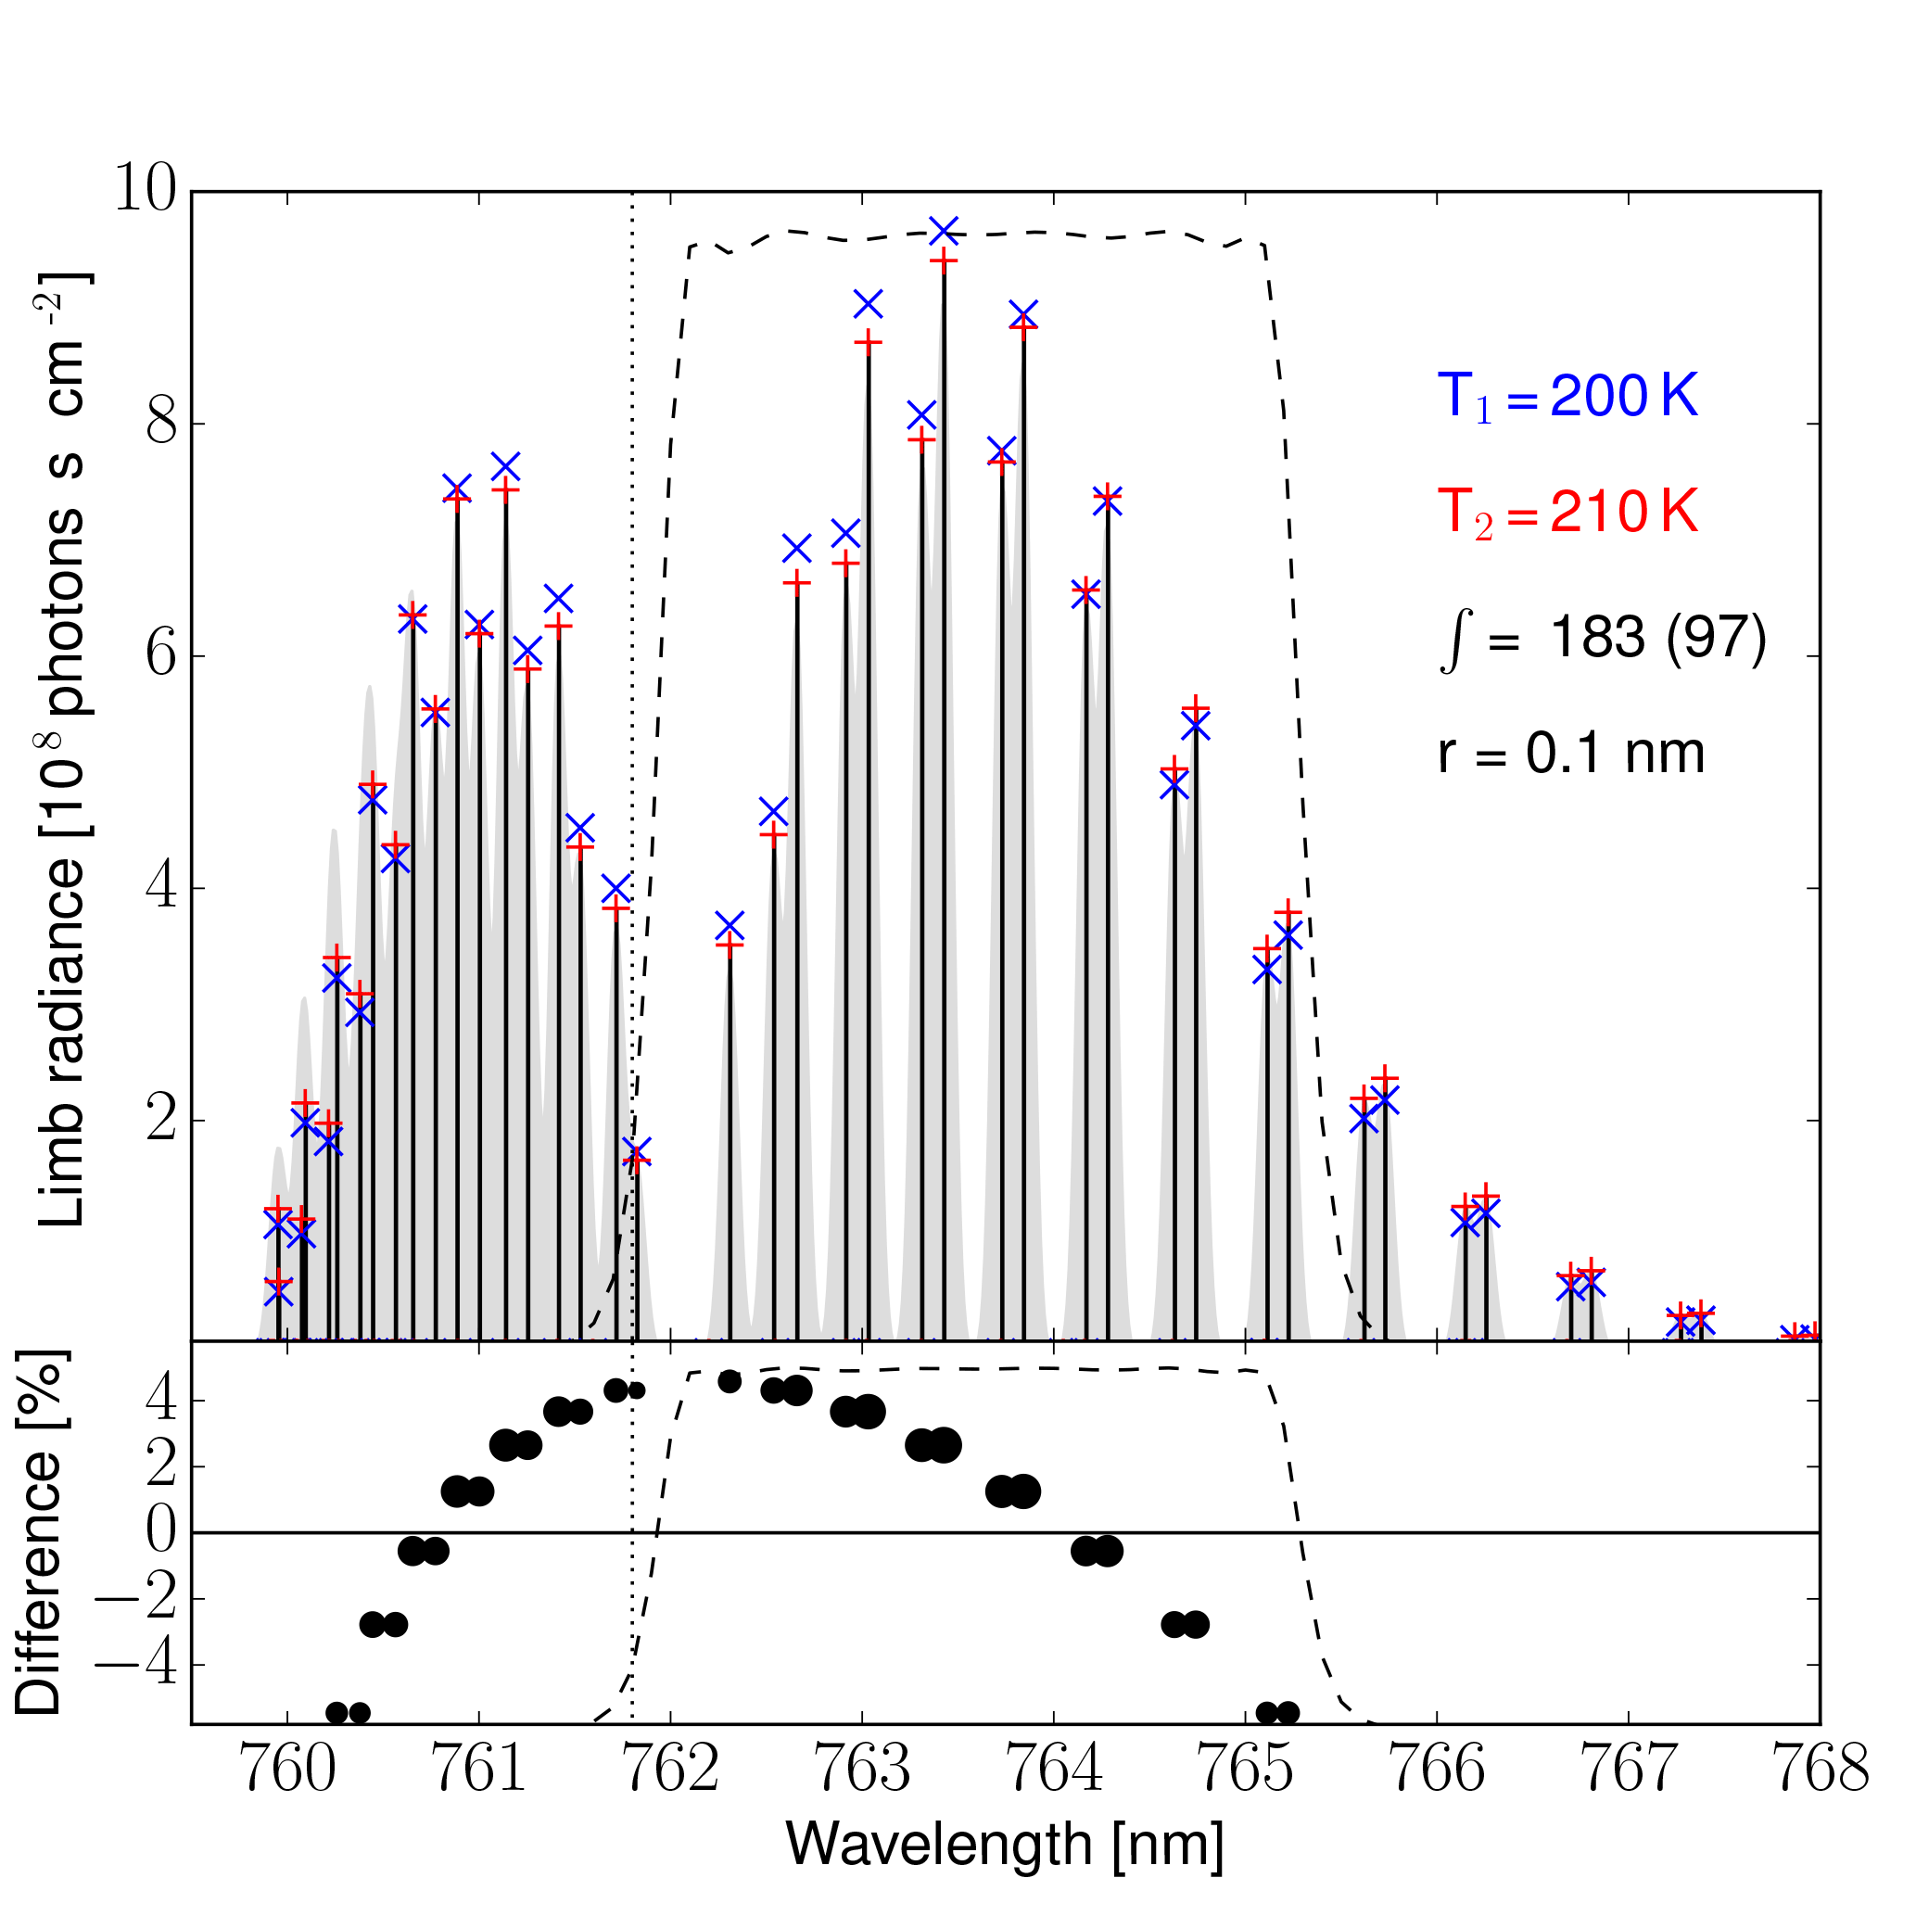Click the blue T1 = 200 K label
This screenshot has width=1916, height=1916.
(1567, 398)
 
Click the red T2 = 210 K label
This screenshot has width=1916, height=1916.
(1567, 514)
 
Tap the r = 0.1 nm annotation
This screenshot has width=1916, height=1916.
(1571, 754)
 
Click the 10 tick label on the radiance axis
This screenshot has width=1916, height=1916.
(145, 188)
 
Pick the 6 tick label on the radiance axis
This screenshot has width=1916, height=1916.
(160, 655)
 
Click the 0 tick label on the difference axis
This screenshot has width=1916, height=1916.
(162, 1532)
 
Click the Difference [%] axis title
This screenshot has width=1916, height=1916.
(40, 1532)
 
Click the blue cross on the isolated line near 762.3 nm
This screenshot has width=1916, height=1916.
(730, 926)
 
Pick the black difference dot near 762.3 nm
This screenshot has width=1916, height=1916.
(730, 1381)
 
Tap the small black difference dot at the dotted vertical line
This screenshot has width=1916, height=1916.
(637, 1390)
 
